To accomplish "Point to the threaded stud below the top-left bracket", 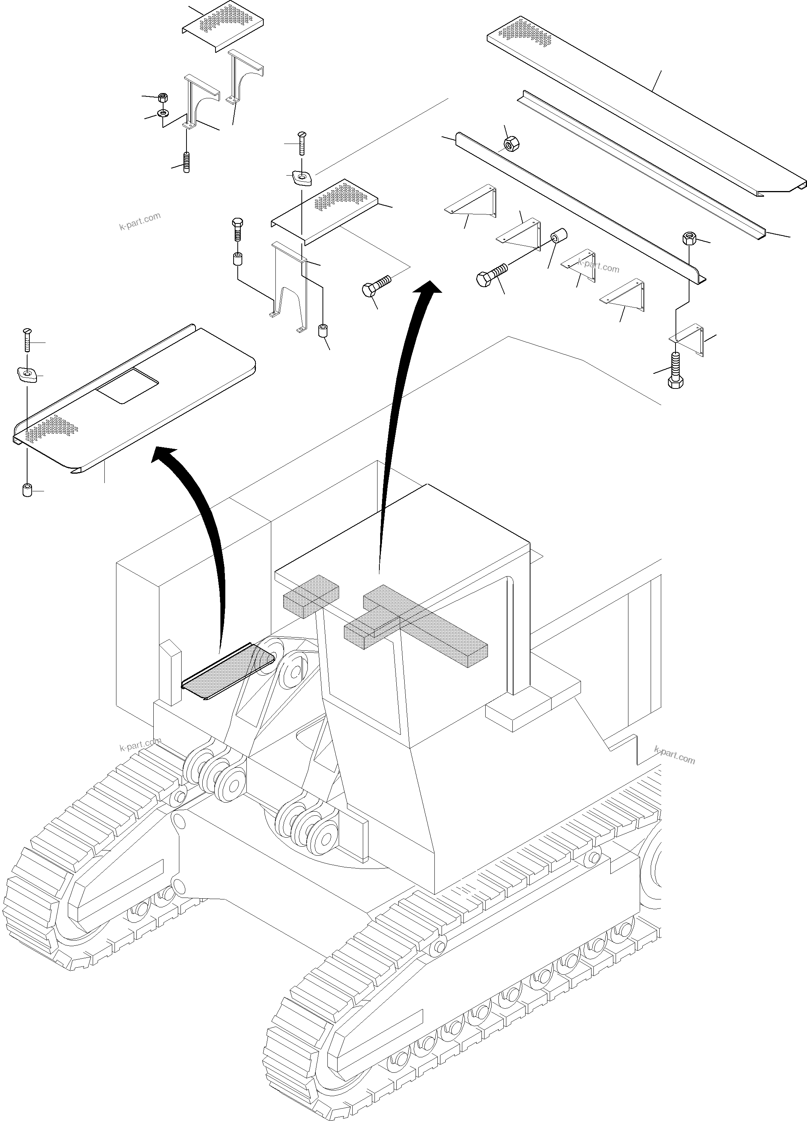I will [187, 162].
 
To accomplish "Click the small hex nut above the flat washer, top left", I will [163, 96].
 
